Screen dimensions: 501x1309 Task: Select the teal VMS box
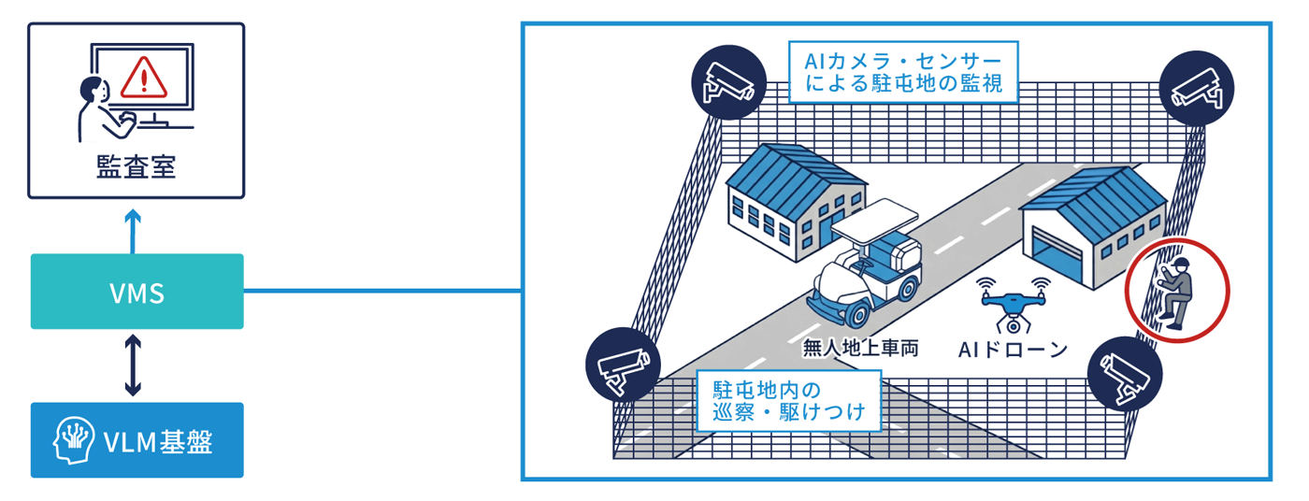pyautogui.click(x=137, y=292)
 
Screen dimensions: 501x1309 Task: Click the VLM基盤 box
pyautogui.click(x=137, y=440)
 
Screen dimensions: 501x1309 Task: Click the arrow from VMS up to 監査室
pyautogui.click(x=133, y=231)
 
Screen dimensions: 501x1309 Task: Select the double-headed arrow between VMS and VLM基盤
pyautogui.click(x=133, y=365)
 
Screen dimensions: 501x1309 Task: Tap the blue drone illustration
pyautogui.click(x=1012, y=305)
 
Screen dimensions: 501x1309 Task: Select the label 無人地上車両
pyautogui.click(x=860, y=349)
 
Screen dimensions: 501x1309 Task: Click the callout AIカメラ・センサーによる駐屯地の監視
pyautogui.click(x=902, y=72)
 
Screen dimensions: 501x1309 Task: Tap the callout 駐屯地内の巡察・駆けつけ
pyautogui.click(x=788, y=400)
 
